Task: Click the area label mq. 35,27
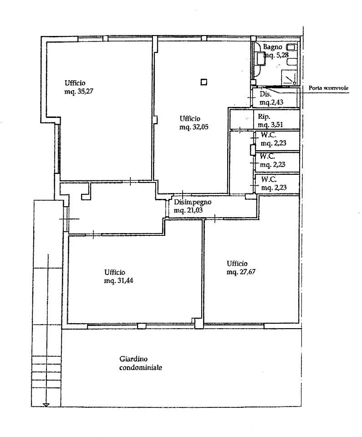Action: click(x=79, y=91)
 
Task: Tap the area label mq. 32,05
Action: click(x=194, y=127)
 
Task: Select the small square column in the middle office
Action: click(x=204, y=82)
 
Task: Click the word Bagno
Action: click(x=272, y=47)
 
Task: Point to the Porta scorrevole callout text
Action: click(x=328, y=88)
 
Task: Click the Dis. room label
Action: click(x=265, y=94)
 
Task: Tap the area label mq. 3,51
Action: click(x=270, y=125)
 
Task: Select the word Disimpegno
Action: click(x=193, y=202)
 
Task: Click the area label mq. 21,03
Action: click(x=188, y=210)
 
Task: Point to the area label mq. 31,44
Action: click(x=118, y=281)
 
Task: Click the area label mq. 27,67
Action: click(x=241, y=272)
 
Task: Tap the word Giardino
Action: click(x=133, y=359)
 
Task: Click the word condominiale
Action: click(x=141, y=368)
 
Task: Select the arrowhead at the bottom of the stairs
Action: click(x=46, y=405)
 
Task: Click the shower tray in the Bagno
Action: click(x=289, y=77)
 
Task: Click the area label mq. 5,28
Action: click(x=276, y=55)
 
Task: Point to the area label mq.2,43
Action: click(x=271, y=102)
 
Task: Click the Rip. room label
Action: click(x=264, y=117)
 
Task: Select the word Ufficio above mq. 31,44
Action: click(x=115, y=272)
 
